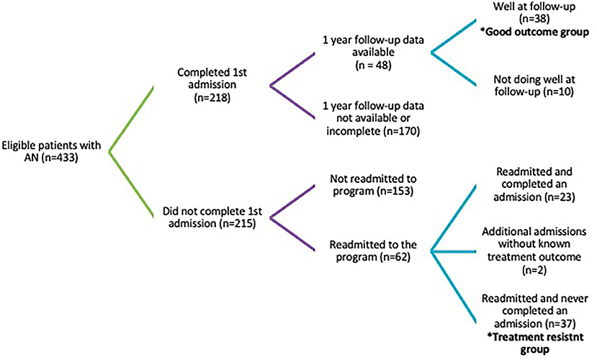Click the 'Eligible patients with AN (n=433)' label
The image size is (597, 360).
pos(51,151)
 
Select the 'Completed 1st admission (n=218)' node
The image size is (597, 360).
pos(212,85)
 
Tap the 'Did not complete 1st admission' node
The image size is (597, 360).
pos(212,217)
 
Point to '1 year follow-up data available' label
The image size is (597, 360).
pos(373,45)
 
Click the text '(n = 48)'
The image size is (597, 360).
pos(373,65)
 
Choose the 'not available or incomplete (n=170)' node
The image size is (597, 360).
pos(373,125)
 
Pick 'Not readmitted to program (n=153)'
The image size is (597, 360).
pos(373,185)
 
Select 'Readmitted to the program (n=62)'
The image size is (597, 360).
pos(373,251)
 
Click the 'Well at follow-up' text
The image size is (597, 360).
pos(534,6)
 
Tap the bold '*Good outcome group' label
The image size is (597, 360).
pos(537,32)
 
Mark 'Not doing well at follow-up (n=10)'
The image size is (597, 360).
pos(534,86)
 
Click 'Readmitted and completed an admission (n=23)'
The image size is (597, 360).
pos(534,184)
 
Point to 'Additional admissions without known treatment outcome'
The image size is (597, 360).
pos(534,244)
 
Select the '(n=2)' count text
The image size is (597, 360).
pos(534,270)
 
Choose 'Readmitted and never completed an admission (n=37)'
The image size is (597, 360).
pos(534,311)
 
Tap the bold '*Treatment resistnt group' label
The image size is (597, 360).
pos(535,343)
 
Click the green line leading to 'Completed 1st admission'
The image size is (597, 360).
pos(131,119)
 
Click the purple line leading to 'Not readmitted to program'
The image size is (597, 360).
pos(292,202)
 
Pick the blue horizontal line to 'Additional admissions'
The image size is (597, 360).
pos(453,251)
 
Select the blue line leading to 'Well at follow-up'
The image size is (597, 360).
pos(453,36)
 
